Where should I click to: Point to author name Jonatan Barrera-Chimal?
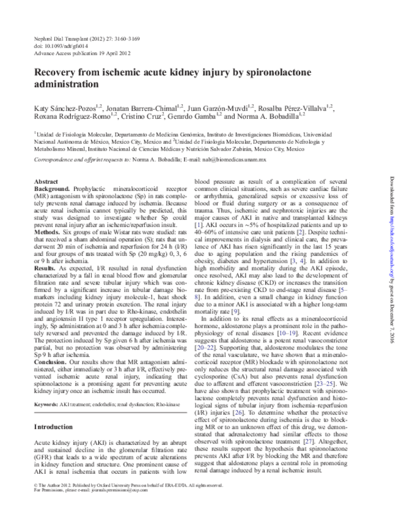[147, 107]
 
